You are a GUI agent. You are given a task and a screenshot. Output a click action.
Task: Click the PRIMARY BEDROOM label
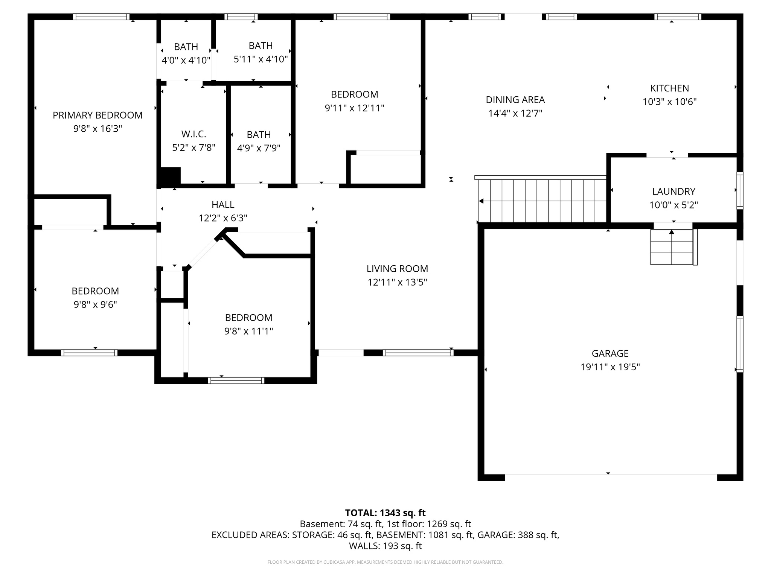click(98, 115)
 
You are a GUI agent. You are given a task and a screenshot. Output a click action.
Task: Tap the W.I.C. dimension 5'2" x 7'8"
click(194, 148)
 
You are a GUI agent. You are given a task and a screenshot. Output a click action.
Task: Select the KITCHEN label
click(669, 88)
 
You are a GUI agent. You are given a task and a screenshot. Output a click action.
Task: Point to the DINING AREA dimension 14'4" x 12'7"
click(515, 113)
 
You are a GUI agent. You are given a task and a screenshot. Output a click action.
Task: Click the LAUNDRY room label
click(673, 192)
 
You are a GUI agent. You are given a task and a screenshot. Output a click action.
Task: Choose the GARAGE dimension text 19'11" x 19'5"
click(610, 367)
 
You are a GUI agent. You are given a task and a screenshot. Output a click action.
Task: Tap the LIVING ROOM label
click(397, 269)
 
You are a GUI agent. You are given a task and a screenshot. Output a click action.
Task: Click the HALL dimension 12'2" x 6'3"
click(223, 218)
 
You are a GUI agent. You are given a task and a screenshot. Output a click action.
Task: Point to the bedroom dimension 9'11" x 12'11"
click(354, 108)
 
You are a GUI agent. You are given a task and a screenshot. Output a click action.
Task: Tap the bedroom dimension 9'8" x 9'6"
click(95, 304)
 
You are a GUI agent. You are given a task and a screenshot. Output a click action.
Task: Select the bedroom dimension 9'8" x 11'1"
click(248, 331)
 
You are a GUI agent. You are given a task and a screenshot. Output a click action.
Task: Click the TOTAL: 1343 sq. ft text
click(385, 513)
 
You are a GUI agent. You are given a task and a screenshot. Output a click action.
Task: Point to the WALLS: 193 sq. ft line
click(385, 546)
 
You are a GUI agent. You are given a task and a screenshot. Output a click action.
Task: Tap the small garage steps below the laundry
click(672, 247)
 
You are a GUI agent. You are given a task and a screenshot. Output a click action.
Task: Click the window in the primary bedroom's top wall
click(101, 17)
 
